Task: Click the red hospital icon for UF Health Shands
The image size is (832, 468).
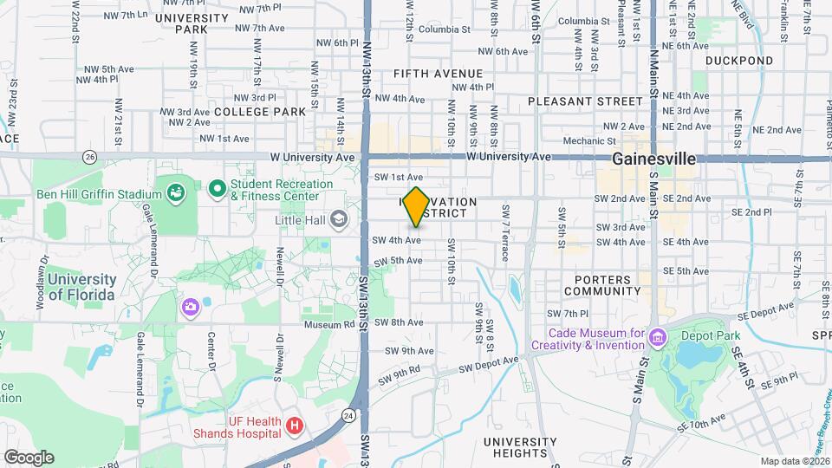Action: [295, 426]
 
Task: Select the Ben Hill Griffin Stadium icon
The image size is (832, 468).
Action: [177, 191]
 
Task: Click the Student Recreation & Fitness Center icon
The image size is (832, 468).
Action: [216, 187]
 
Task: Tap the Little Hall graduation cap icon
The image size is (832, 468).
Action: [337, 220]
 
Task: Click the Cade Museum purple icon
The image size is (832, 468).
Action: [658, 336]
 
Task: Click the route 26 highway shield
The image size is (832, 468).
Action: [90, 156]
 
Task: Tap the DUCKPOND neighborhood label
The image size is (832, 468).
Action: [738, 61]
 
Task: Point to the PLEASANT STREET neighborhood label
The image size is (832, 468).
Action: [586, 101]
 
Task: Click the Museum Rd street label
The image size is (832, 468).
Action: [329, 324]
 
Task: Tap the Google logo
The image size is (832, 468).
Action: [28, 457]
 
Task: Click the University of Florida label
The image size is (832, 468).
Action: [81, 287]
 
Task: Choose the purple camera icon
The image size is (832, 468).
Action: [189, 307]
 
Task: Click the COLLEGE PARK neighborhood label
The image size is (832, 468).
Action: [260, 112]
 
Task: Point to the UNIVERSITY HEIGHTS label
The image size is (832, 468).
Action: [520, 447]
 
